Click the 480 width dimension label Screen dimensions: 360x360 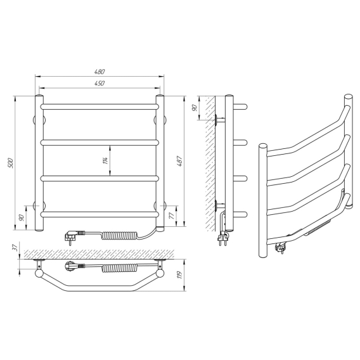click(100, 72)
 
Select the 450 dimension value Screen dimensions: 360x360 click(100, 83)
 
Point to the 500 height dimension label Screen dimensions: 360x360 click(11, 162)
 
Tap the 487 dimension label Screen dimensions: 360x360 click(180, 161)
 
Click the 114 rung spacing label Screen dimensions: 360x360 click(105, 160)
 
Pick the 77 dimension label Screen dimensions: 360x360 click(172, 216)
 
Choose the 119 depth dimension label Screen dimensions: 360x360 click(180, 274)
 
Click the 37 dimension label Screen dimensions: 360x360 click(15, 247)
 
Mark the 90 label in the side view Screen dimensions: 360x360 click(194, 108)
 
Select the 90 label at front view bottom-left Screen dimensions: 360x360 click(22, 217)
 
